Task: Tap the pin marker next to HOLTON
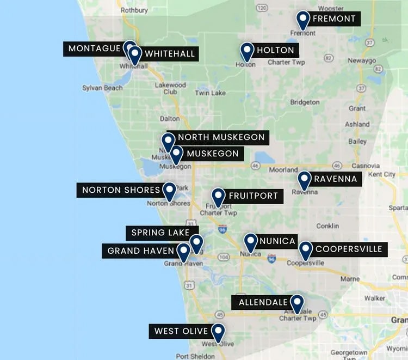pos(247,51)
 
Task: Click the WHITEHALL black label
pos(169,54)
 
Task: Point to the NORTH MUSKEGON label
pos(221,137)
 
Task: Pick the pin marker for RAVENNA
pos(304,180)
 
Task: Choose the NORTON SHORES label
pos(121,190)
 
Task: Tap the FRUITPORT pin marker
pos(218,197)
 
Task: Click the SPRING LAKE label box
pos(160,233)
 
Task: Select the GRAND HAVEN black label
pos(140,251)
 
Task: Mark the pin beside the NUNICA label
pos(250,242)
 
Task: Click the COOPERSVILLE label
pos(349,249)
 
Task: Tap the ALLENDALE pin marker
pos(296,303)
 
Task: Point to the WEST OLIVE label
pos(181,331)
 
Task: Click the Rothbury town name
pos(134,10)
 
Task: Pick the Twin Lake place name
pos(210,93)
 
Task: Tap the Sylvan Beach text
pos(102,88)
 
